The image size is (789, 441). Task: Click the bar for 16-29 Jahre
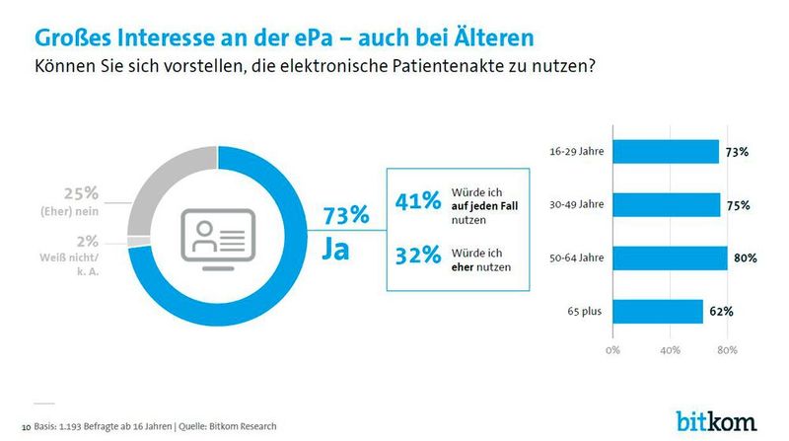coord(666,152)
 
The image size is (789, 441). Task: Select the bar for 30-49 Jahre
coord(668,205)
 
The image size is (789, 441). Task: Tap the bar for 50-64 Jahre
coord(671,258)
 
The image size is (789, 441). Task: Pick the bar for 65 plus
coord(658,312)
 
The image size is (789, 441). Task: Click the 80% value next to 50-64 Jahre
coord(745,258)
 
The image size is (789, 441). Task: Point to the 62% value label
coord(719,312)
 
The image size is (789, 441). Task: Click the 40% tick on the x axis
coord(671,350)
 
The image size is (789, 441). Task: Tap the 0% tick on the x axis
coord(612,350)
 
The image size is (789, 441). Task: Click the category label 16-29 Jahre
coord(577,152)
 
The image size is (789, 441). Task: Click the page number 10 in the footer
coord(25,426)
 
